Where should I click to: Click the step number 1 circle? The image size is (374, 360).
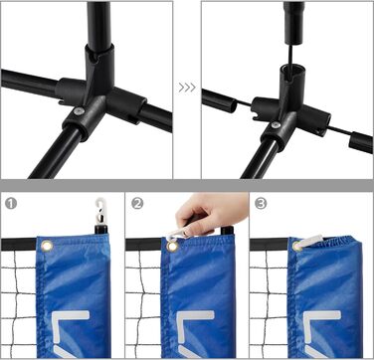tap(11, 204)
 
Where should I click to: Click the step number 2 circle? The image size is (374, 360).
tap(137, 204)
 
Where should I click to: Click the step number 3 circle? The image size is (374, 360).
tap(261, 204)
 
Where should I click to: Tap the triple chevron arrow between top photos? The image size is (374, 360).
tap(187, 88)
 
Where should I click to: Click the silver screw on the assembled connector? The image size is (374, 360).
tap(79, 111)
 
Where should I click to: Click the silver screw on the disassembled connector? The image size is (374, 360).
tap(276, 124)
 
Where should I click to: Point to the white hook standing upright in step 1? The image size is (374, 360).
tap(100, 212)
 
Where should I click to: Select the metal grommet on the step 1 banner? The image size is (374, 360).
tap(47, 246)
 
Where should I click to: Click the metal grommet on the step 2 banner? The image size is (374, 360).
tap(172, 246)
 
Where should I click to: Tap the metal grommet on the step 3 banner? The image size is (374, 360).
tap(296, 246)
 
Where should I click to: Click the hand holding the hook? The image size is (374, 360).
tap(212, 212)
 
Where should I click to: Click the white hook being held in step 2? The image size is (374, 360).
tap(177, 235)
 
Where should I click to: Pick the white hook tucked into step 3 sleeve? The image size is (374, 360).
tap(309, 242)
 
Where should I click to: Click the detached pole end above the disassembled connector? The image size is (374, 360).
tap(293, 23)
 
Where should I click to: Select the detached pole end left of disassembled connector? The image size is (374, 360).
tap(219, 100)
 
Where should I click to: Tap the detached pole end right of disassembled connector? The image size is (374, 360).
tap(361, 142)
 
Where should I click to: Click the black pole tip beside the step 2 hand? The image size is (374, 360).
tap(227, 231)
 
